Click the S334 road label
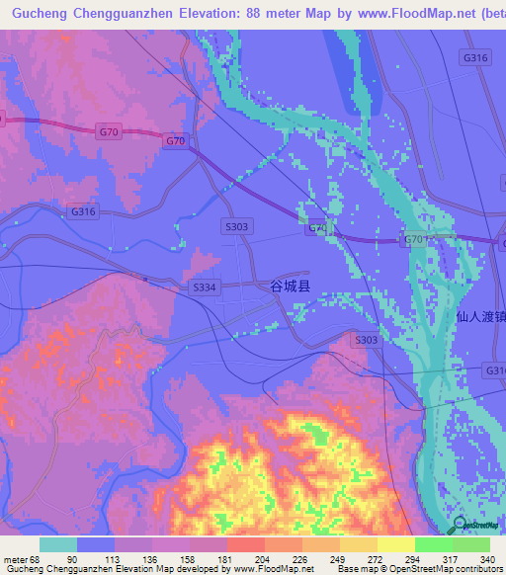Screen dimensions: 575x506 click(x=202, y=287)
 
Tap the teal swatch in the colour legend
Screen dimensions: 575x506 click(x=57, y=544)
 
